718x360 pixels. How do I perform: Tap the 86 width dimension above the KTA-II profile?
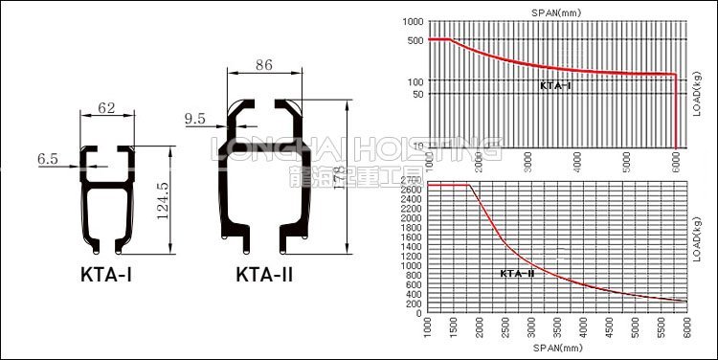(264, 66)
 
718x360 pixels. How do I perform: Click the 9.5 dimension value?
(194, 119)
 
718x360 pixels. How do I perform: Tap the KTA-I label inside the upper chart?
(555, 85)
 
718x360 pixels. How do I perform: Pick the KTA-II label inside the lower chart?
(517, 274)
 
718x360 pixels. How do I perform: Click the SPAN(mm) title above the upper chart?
(555, 12)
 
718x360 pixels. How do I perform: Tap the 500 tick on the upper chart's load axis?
(414, 40)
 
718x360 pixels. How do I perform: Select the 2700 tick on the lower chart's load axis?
(412, 180)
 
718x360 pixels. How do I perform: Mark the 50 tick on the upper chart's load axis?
(416, 94)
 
